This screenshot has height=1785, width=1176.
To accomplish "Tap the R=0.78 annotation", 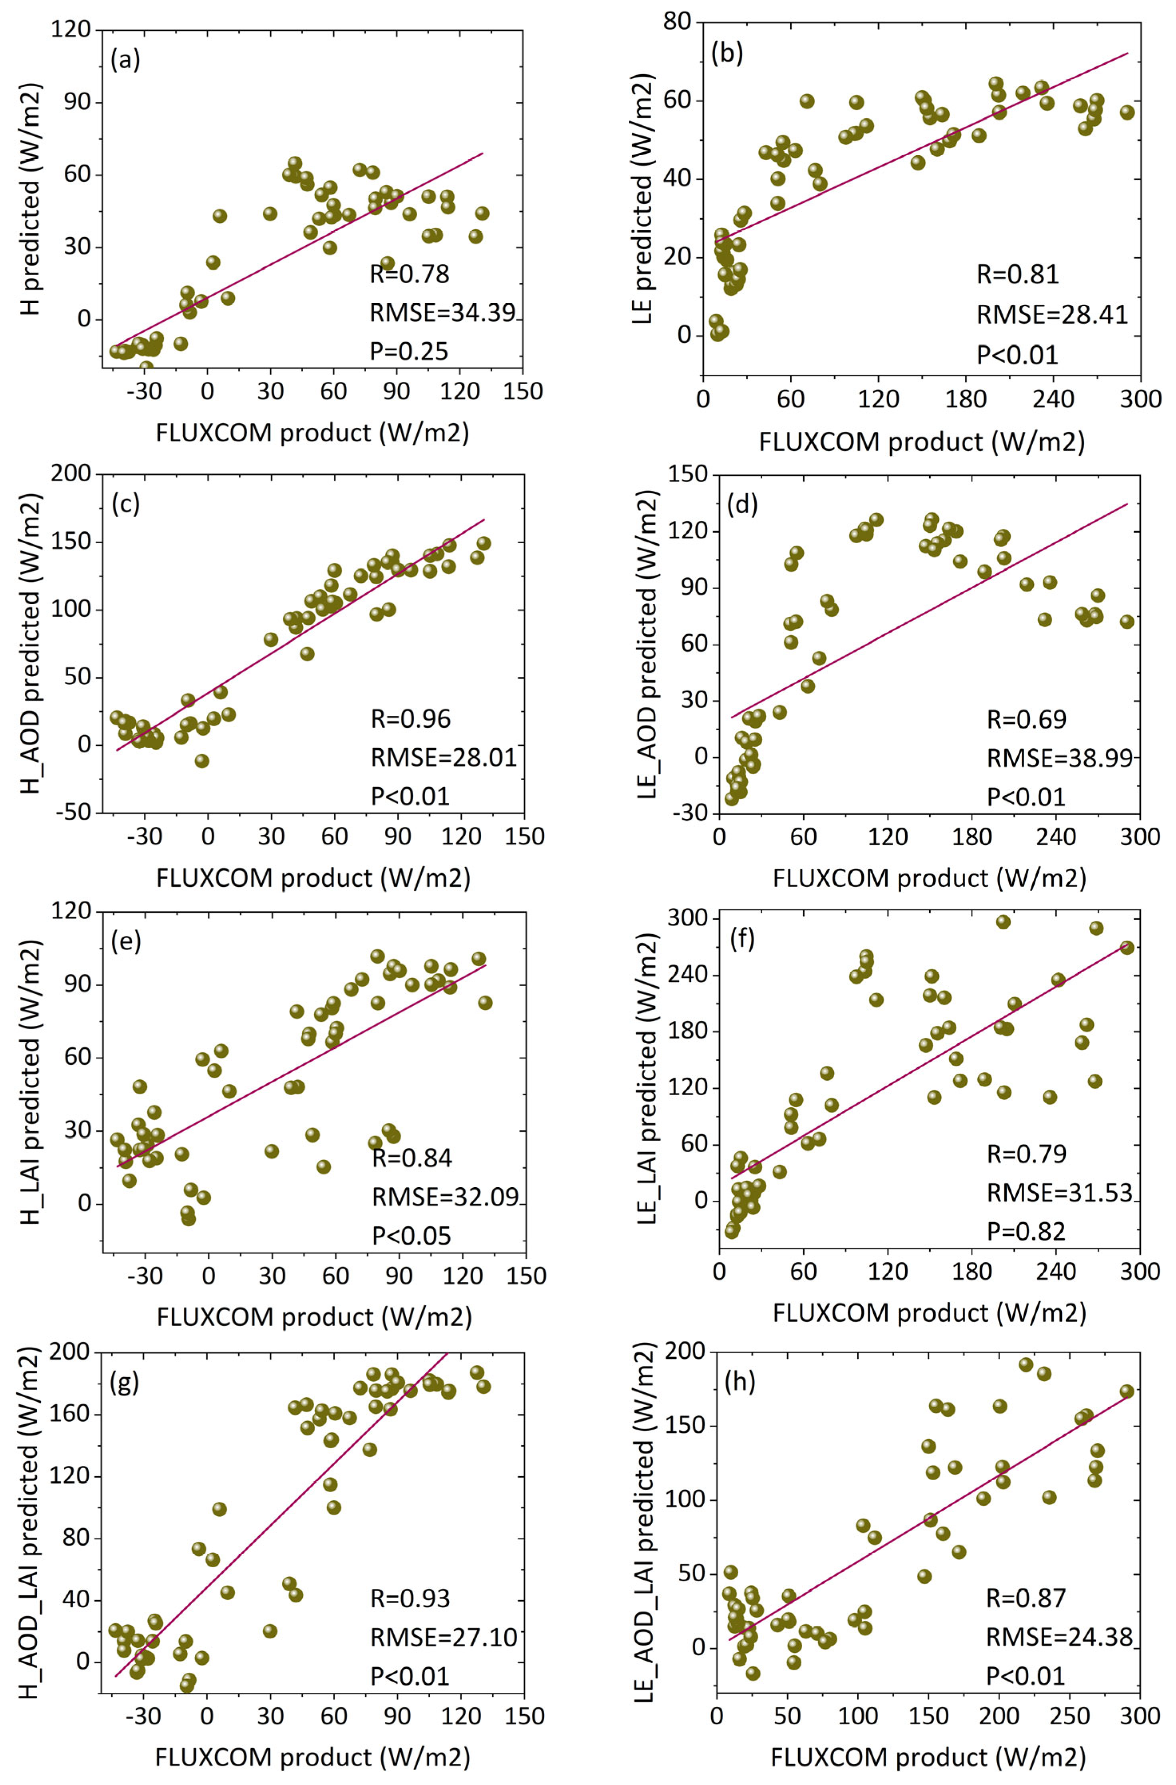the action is [x=409, y=274].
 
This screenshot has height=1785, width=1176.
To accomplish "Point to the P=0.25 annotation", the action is [x=409, y=351].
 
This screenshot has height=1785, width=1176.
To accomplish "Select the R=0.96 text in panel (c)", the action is [x=411, y=719].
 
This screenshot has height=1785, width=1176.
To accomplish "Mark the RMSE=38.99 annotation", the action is [x=1059, y=758].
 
